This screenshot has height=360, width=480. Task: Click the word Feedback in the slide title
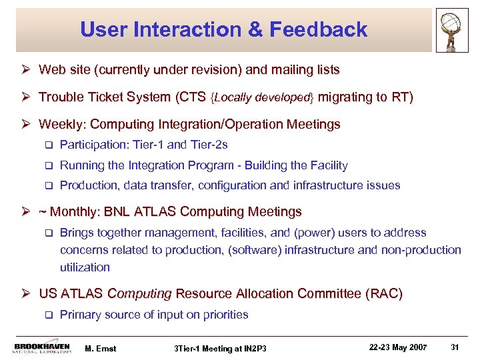click(324, 29)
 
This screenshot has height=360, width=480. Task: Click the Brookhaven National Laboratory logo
click(42, 347)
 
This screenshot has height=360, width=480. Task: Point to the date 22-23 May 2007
click(398, 346)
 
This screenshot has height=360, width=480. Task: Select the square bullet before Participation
click(48, 145)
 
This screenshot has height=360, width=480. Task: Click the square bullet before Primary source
click(48, 315)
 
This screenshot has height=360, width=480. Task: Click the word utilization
click(85, 267)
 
